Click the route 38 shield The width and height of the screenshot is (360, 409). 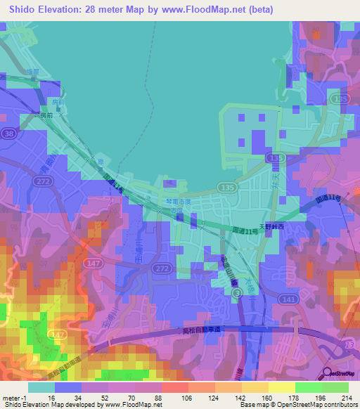[9, 133]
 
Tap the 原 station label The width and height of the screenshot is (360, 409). [101, 163]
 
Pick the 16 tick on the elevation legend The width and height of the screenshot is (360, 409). [50, 398]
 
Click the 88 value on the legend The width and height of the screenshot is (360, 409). [157, 398]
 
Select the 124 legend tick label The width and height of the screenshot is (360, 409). [211, 398]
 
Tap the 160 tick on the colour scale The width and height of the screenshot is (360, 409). [266, 398]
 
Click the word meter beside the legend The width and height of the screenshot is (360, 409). [11, 398]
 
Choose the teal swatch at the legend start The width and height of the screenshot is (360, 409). [41, 387]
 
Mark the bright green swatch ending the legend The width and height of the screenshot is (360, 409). [335, 387]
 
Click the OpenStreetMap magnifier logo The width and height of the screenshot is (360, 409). [327, 375]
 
